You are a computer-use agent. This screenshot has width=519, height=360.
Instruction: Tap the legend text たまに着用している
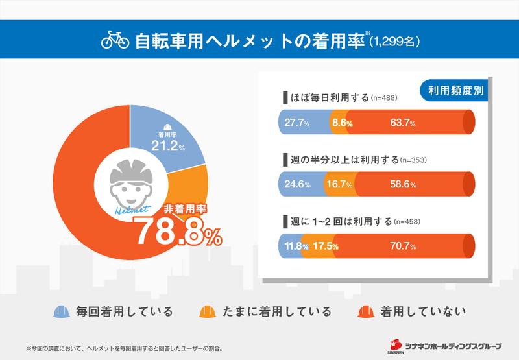click(285, 312)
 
